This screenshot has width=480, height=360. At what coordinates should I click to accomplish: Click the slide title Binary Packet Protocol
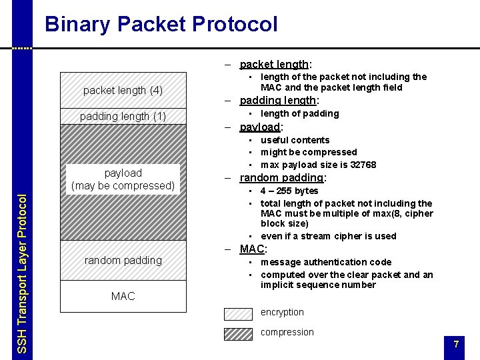[x=161, y=25]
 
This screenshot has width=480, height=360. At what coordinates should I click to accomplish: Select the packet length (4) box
[x=123, y=90]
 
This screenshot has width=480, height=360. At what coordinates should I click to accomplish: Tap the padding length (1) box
[x=123, y=117]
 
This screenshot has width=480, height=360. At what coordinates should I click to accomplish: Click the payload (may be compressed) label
[x=123, y=179]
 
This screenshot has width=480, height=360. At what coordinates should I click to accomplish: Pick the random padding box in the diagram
[x=123, y=260]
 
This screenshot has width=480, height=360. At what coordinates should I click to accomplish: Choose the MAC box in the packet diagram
[x=123, y=295]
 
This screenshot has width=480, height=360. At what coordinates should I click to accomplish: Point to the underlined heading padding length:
[x=279, y=101]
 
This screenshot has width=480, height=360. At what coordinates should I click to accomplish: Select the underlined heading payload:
[x=261, y=127]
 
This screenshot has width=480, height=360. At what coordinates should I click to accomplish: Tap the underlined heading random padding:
[x=282, y=178]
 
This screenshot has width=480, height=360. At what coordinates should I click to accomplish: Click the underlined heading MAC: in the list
[x=253, y=249]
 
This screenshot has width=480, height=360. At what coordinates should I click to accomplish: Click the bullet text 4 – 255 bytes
[x=289, y=191]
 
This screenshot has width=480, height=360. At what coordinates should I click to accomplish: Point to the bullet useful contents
[x=295, y=140]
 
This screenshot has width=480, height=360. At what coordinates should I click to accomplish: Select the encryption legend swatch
[x=238, y=313]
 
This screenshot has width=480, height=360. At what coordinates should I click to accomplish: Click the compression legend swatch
[x=238, y=333]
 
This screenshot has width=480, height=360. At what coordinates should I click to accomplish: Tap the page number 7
[x=456, y=344]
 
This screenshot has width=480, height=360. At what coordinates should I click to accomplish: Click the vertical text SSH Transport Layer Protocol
[x=22, y=273]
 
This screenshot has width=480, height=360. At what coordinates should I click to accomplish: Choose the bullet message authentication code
[x=326, y=262]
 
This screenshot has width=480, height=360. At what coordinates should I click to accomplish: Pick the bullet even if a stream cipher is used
[x=328, y=236]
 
